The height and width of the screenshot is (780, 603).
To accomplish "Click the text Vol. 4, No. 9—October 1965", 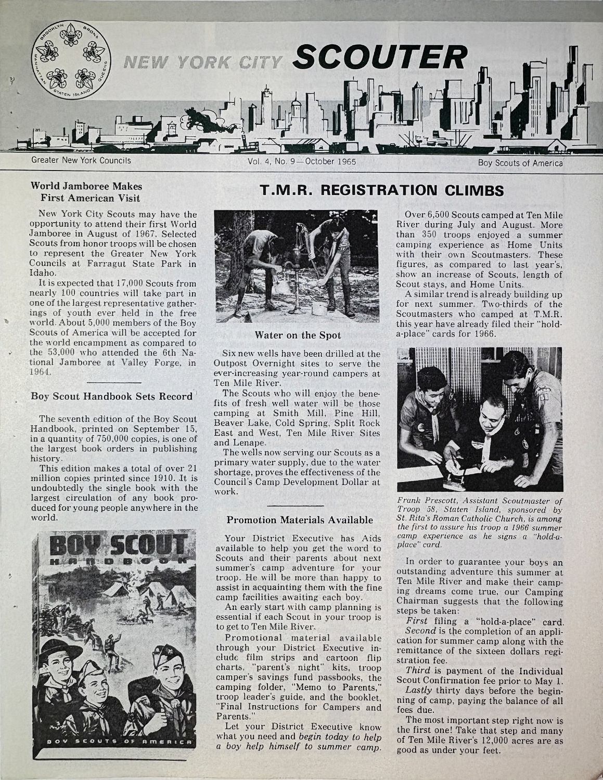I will point(302,161).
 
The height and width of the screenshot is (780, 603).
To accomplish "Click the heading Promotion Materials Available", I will point(300,519).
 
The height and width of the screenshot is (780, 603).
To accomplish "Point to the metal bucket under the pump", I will point(317,308).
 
